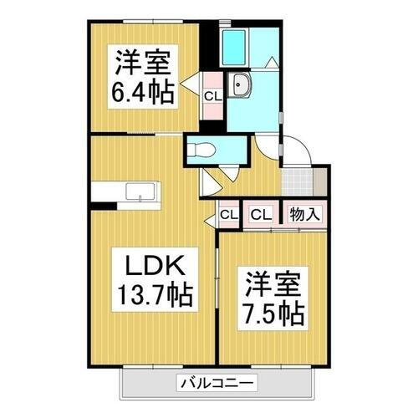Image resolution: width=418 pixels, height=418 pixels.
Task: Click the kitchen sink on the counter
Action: [x=137, y=191]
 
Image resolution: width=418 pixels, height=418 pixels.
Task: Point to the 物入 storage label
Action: [x=304, y=214]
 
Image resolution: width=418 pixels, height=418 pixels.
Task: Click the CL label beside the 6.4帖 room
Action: [x=213, y=96]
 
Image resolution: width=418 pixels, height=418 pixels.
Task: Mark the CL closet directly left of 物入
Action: [x=262, y=214]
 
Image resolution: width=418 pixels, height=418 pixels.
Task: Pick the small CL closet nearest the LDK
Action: [x=228, y=215]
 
